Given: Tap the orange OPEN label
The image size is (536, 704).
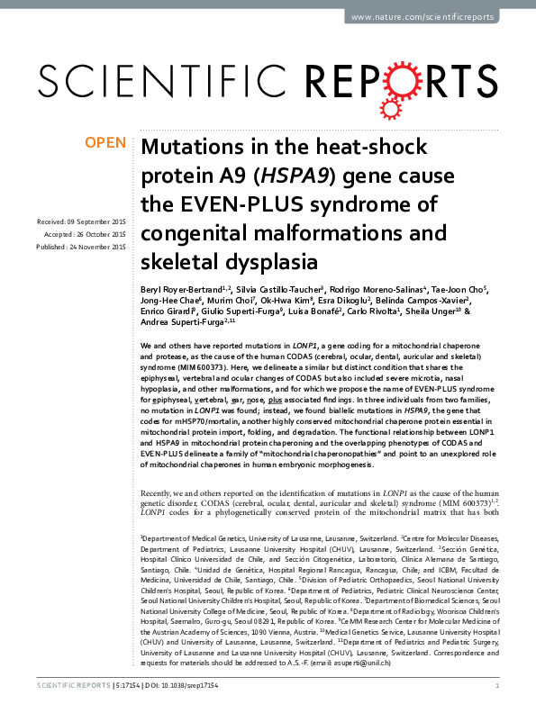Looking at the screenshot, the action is coord(104,143).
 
